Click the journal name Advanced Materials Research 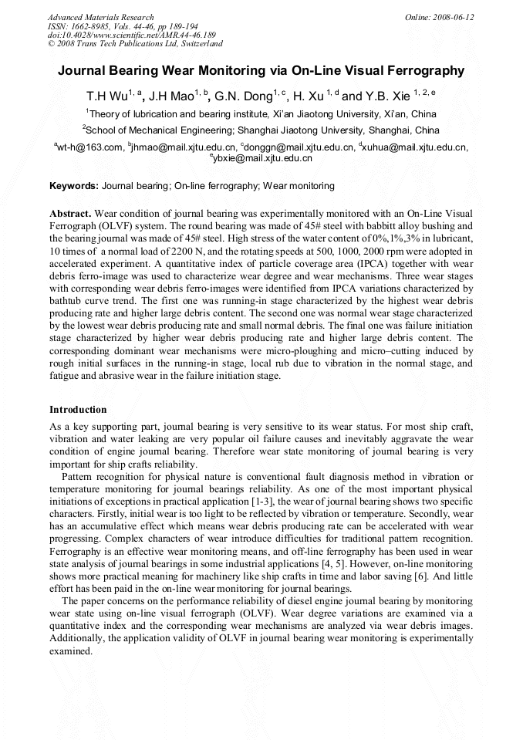[100, 17]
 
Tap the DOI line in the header [131, 35]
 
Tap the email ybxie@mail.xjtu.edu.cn [262, 158]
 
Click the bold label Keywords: [74, 186]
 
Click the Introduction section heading [78, 409]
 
